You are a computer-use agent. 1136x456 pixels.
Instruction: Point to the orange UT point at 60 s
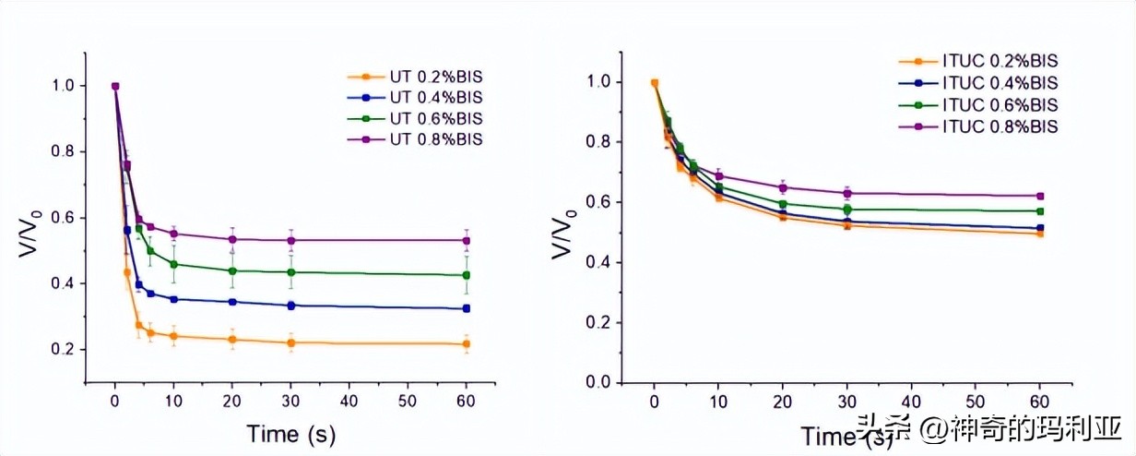[467, 344]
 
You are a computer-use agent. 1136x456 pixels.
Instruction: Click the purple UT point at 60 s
[467, 240]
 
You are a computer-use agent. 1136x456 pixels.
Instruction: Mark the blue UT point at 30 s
[291, 306]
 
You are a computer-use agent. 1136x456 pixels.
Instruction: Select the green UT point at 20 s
[232, 270]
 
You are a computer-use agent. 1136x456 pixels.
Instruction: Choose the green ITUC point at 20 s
[782, 204]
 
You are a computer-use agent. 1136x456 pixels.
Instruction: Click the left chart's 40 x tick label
[349, 402]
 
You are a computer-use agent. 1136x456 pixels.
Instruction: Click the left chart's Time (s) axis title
[290, 434]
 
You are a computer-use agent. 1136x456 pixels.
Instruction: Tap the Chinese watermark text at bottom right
[990, 430]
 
